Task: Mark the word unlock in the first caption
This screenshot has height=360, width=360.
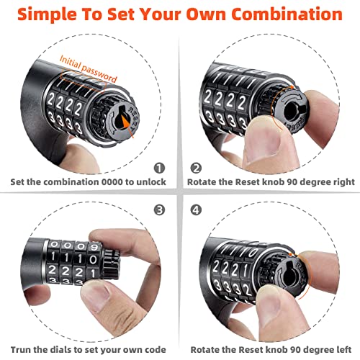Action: point(150,181)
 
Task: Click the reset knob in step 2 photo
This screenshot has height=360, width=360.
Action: point(297,108)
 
